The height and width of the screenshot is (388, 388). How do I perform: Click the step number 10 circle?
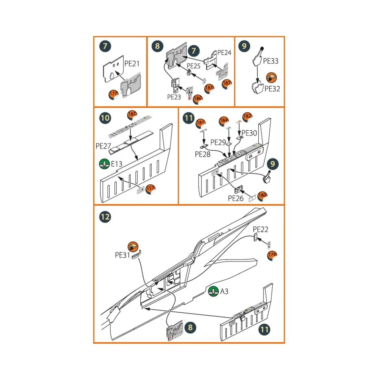105,118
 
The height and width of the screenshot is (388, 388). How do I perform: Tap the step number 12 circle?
105,217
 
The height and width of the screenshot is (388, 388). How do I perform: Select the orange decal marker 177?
113,94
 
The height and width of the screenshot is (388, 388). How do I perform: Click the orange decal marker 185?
132,115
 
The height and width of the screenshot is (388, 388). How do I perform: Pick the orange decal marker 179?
272,255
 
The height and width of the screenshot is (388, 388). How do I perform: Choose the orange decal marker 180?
262,195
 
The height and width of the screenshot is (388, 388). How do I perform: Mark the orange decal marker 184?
224,121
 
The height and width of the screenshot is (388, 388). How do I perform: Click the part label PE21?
132,64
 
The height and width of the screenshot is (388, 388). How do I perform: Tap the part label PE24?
224,53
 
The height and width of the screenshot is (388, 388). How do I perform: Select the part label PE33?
270,61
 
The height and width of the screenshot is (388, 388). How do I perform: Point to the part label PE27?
103,146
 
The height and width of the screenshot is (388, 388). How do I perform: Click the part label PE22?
260,229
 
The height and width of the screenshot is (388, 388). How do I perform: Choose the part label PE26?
235,198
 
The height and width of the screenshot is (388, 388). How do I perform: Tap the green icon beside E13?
104,164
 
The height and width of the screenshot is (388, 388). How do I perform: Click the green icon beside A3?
213,291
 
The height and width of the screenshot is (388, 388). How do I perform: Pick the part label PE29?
218,142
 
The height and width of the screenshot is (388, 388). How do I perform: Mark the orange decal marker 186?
198,99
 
